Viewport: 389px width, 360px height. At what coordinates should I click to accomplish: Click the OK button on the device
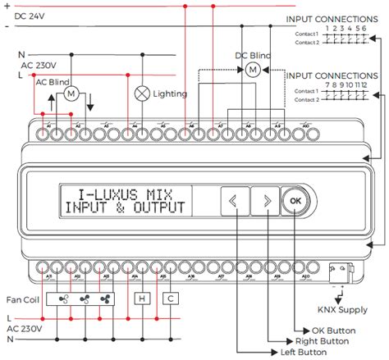(x=295, y=199)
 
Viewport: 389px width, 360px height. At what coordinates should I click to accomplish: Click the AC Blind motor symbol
(x=71, y=94)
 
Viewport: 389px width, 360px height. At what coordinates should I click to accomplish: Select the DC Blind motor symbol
(x=254, y=70)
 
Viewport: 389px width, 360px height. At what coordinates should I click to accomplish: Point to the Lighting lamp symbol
(x=141, y=93)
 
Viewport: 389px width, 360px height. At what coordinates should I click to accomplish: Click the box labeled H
(x=141, y=299)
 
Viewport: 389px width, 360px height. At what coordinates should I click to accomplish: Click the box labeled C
(x=170, y=299)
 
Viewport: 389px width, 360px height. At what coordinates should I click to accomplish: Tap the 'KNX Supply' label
(x=342, y=310)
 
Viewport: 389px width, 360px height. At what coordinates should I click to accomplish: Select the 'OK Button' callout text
(x=328, y=330)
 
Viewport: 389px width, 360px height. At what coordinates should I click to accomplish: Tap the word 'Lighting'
(x=171, y=94)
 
